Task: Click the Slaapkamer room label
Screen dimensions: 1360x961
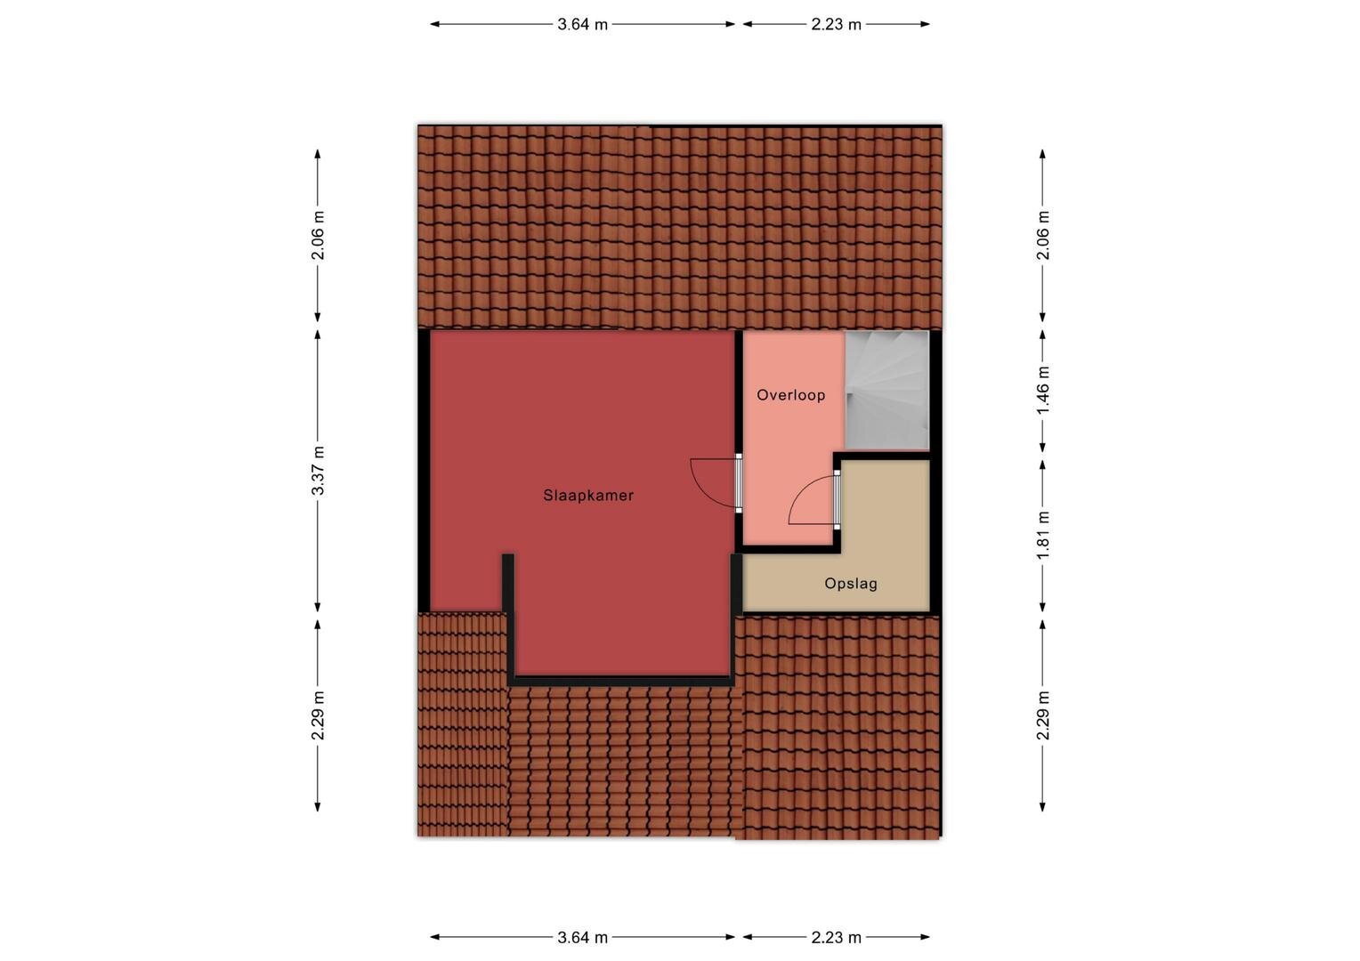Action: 587,496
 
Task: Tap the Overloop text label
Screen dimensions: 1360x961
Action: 790,395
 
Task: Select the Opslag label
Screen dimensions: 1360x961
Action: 851,584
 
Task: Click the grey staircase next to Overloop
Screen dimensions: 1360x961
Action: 887,391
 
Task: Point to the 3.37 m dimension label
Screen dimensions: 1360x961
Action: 318,471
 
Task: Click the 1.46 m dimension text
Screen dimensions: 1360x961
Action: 1042,391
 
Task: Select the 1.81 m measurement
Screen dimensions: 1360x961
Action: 1042,536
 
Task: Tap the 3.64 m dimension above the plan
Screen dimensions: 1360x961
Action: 582,24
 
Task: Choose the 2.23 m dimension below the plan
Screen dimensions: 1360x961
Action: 836,937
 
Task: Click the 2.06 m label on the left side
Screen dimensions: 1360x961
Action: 318,235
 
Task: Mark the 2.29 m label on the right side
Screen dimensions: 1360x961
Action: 1042,715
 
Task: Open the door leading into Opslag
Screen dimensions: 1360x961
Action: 836,499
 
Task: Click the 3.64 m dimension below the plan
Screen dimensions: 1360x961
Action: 582,937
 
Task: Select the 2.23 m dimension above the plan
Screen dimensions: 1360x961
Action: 836,24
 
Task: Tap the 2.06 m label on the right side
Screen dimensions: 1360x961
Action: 1042,235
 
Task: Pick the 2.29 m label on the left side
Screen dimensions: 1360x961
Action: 318,715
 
